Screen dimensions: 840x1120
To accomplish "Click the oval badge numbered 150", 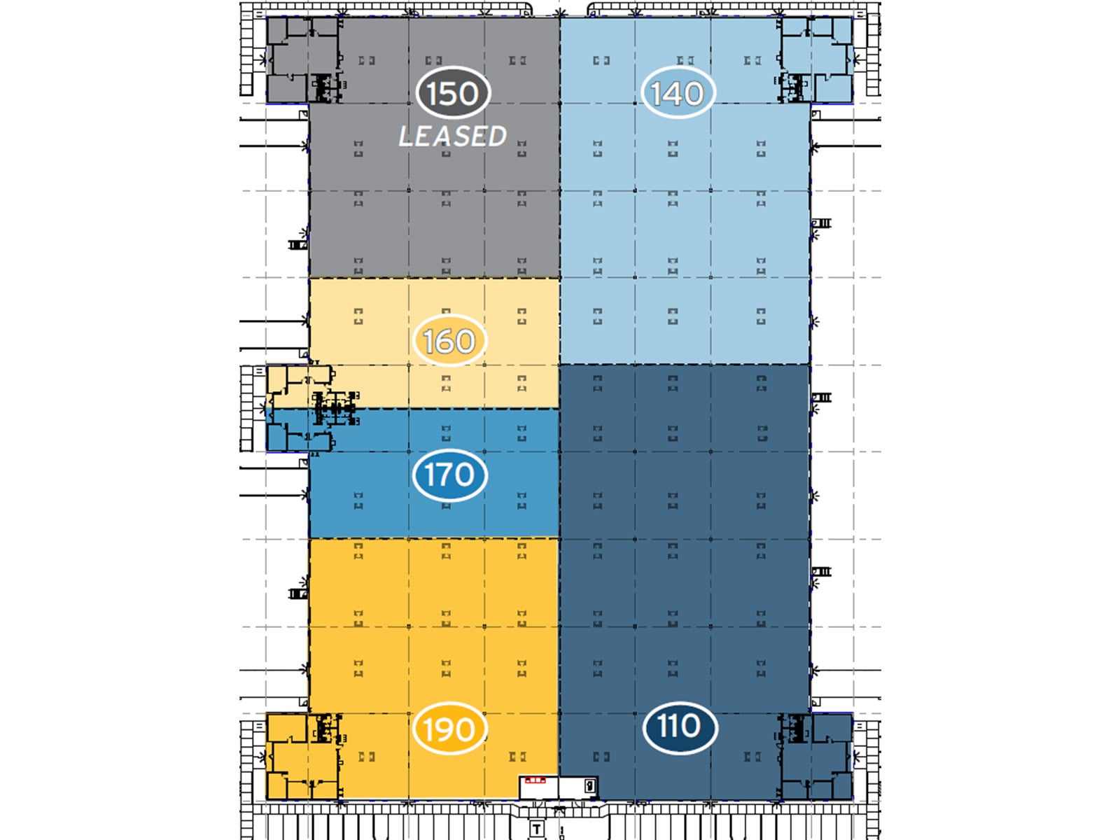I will pyautogui.click(x=453, y=93).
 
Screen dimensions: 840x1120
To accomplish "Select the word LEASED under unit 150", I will pyautogui.click(x=452, y=136).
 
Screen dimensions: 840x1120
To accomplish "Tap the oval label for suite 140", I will pyautogui.click(x=677, y=93).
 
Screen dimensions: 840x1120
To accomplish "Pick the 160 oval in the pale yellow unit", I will pyautogui.click(x=449, y=342).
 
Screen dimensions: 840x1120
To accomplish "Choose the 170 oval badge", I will pyautogui.click(x=449, y=475).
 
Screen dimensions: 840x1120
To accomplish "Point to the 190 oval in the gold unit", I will pyautogui.click(x=449, y=729).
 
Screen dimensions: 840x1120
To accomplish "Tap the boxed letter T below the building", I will pyautogui.click(x=536, y=829).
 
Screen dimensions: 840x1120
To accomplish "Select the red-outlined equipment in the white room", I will pyautogui.click(x=535, y=780).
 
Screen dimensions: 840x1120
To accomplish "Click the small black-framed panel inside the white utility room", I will pyautogui.click(x=590, y=785).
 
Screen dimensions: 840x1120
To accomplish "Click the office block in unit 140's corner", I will pyautogui.click(x=816, y=59).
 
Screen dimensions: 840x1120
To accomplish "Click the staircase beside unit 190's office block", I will pyautogui.click(x=246, y=759).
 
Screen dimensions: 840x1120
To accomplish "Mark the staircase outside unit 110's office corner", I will pyautogui.click(x=873, y=759).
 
